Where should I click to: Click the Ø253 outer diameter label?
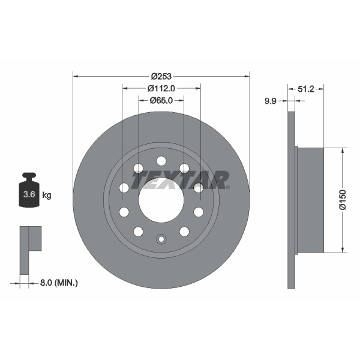coord(161,76)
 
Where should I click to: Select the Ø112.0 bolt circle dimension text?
coord(161,88)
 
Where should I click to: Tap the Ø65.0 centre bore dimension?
coord(161,100)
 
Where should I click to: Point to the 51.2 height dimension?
coord(307,88)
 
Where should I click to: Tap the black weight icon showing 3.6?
coord(28,192)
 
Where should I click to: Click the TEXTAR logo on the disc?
coord(180,179)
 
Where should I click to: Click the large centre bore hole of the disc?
coord(161,199)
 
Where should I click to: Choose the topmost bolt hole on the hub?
coord(161,160)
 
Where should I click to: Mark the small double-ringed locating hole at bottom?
coord(161,240)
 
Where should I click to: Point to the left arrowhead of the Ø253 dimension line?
coord(75,76)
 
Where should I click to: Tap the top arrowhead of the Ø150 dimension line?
coord(343,150)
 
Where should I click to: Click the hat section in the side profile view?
coord(310,199)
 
